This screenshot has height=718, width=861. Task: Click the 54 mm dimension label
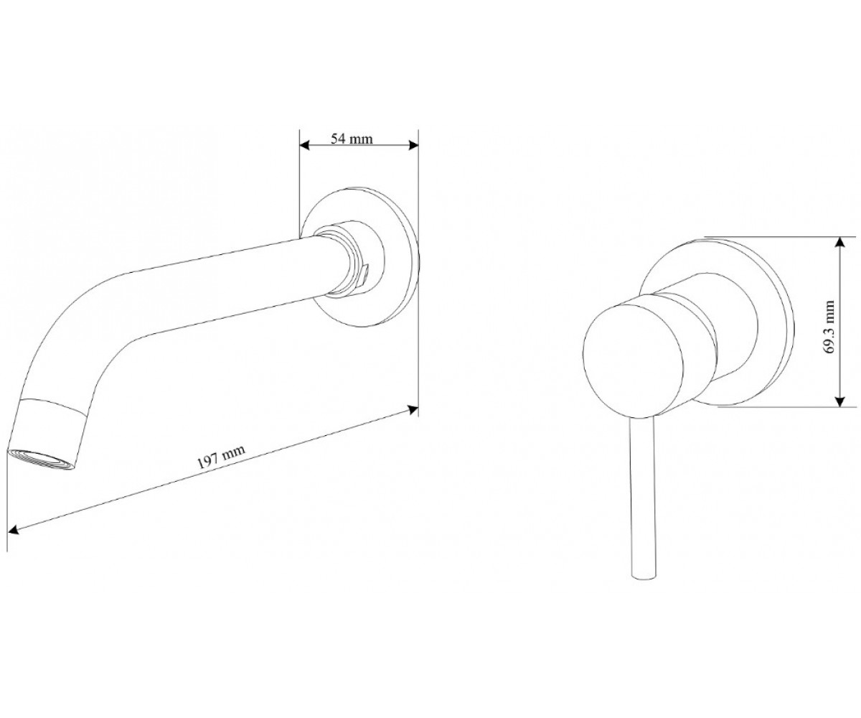pos(352,139)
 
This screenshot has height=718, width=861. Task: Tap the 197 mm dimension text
pos(222,457)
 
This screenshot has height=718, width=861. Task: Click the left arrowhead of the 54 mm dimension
pos(304,145)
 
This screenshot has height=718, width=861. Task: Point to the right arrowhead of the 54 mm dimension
pos(413,145)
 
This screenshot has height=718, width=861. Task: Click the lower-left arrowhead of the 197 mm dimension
pos(14,528)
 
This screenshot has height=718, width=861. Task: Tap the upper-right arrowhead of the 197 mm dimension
pos(413,409)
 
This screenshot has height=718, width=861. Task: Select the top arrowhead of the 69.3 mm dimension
pos(839,243)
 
